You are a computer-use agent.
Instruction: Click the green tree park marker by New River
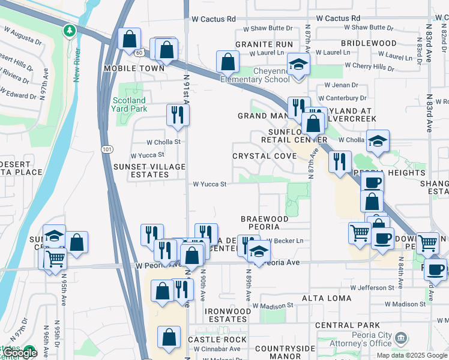(70, 31)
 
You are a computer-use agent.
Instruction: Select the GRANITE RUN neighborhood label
(264, 44)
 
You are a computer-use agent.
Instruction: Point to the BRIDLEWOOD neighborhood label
(369, 43)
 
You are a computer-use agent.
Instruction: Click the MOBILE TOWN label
(134, 68)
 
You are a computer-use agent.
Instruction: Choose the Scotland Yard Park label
(128, 104)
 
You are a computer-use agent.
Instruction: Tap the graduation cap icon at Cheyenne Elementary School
(298, 64)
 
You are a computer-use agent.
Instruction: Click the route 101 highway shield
(106, 148)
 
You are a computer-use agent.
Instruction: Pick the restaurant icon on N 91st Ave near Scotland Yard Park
(177, 114)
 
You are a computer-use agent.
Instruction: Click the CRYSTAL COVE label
(264, 156)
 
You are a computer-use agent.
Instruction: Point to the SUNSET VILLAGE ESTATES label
(149, 170)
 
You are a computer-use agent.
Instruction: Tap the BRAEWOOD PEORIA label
(264, 223)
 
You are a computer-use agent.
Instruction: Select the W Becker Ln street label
(286, 241)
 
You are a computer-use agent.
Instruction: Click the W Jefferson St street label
(373, 288)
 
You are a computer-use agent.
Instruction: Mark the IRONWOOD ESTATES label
(228, 315)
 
